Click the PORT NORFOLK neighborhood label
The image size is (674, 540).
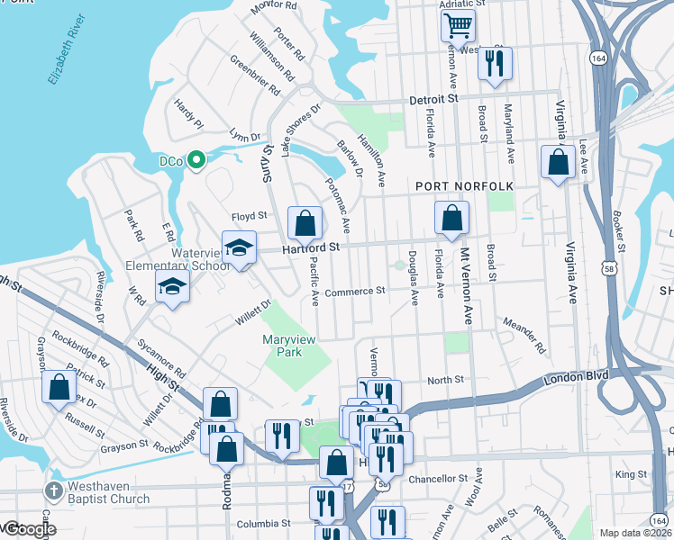click(464, 186)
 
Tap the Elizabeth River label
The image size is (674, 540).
click(67, 49)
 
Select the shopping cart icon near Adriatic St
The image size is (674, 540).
click(459, 26)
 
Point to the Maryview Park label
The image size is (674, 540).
click(293, 346)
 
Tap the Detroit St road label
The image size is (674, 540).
click(433, 99)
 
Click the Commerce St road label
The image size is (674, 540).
click(355, 292)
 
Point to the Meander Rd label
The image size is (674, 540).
click(525, 337)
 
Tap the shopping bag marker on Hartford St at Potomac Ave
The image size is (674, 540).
click(305, 223)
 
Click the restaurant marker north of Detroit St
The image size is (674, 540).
click(495, 64)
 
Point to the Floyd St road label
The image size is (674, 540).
click(250, 216)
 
